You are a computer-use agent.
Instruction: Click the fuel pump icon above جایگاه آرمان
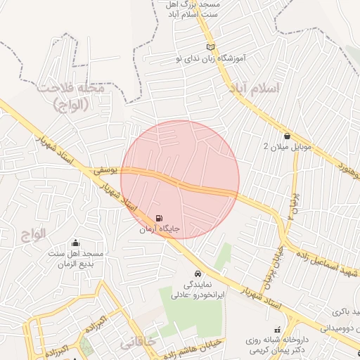point(158,219)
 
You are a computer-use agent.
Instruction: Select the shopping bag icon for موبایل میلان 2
point(287,136)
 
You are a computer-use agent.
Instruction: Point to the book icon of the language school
point(208,46)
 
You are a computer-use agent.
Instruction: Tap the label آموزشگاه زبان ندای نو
point(208,58)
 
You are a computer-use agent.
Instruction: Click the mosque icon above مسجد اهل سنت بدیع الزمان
point(76,243)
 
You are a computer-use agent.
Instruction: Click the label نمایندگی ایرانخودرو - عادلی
point(198,290)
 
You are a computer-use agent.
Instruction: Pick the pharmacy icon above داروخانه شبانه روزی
point(277,328)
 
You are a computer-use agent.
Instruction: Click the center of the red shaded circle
point(180,179)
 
